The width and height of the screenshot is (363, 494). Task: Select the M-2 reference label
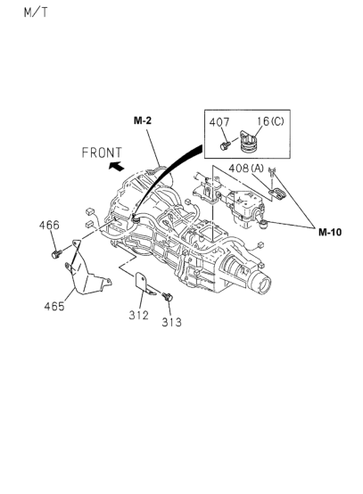click(144, 119)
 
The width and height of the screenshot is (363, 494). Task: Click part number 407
click(219, 122)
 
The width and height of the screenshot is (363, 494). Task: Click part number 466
click(49, 225)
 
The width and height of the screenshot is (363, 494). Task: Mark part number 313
click(171, 322)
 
